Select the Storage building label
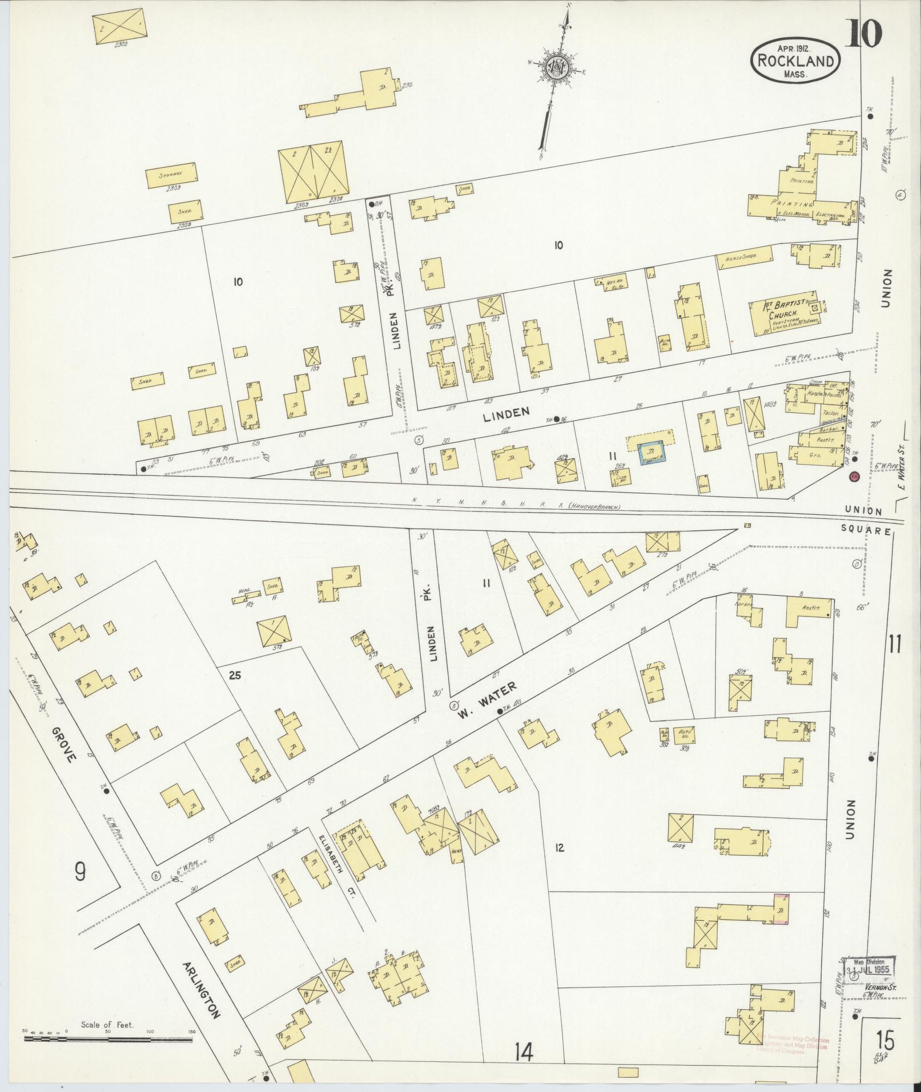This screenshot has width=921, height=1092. [x=172, y=173]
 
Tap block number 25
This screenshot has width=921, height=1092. [x=235, y=676]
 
